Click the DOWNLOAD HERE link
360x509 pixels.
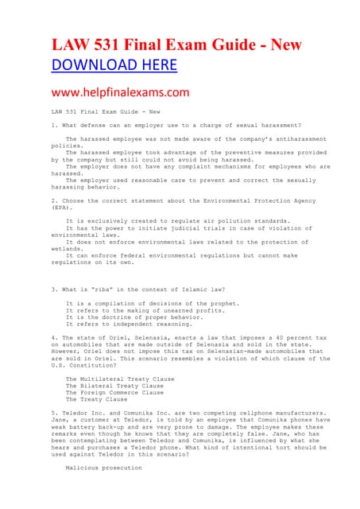114,65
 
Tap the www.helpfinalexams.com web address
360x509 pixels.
120,92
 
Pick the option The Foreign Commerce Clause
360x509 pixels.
103,392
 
